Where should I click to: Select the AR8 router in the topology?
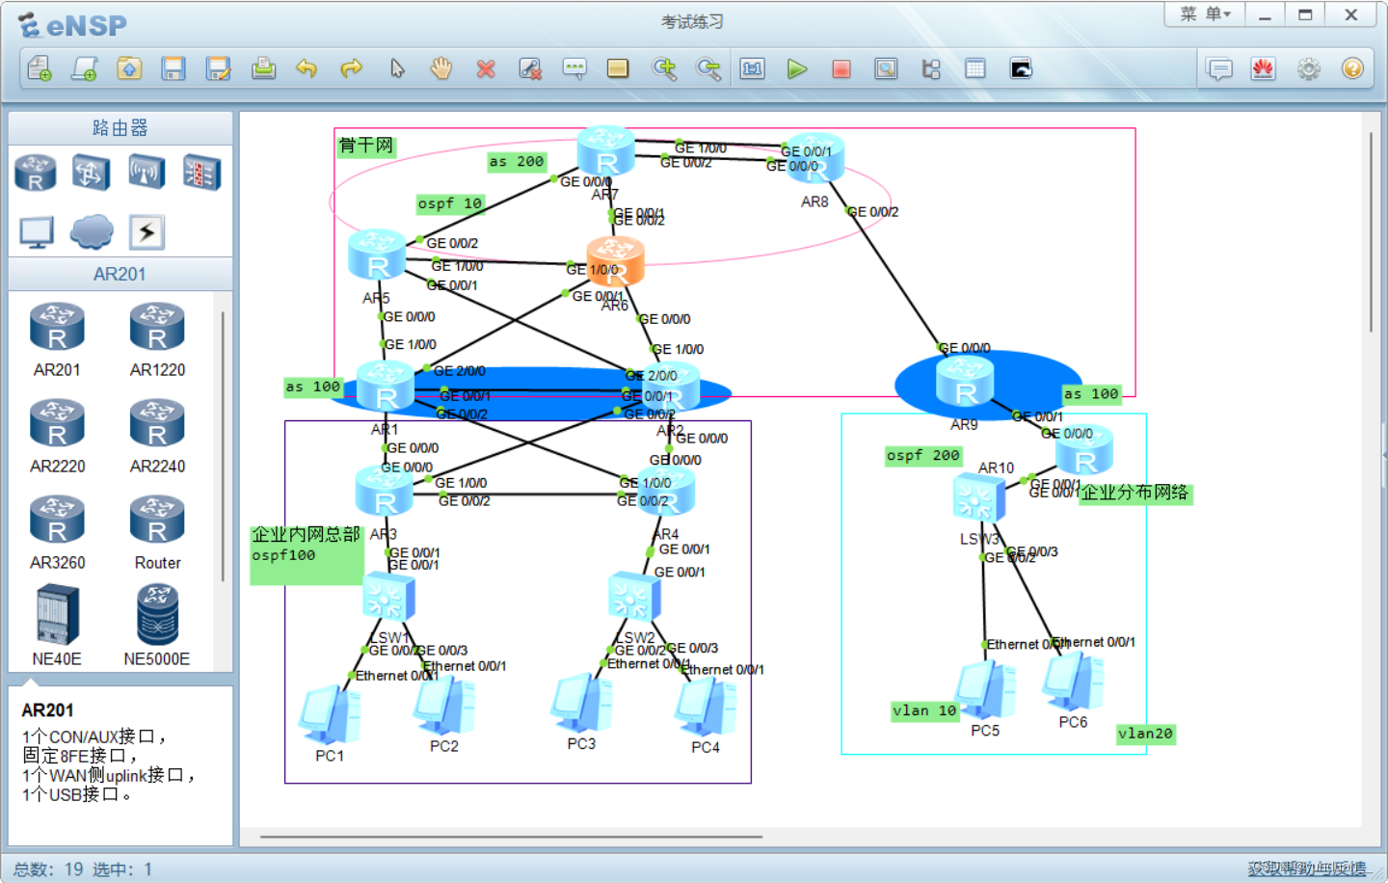coord(815,159)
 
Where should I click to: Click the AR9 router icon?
coord(965,382)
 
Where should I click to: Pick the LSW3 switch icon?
coord(978,500)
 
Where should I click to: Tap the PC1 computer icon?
coord(330,715)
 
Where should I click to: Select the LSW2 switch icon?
coord(634,597)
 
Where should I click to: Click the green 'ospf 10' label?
coord(449,203)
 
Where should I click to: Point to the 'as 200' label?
coord(517,161)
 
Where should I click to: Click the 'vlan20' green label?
coord(1145,734)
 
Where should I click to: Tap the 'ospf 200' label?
coord(923,455)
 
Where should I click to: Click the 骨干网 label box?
coord(366,146)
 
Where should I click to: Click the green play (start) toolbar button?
coord(797,68)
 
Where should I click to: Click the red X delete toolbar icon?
coord(486,68)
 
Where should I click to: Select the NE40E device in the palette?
coord(57,618)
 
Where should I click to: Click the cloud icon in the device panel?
coord(92,231)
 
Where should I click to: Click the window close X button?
coord(1351,14)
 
